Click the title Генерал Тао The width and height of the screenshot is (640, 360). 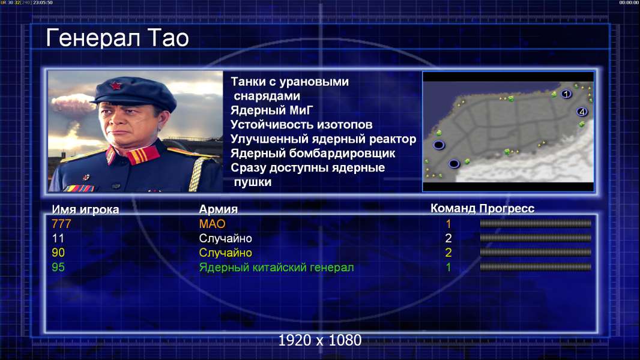tap(117, 38)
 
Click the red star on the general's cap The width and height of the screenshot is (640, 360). tap(116, 85)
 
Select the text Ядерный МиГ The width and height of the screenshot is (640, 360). tap(271, 110)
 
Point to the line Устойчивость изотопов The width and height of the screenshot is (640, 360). tap(301, 125)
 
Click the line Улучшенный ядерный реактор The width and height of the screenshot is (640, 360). tap(323, 139)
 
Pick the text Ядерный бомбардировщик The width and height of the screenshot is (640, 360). tap(313, 153)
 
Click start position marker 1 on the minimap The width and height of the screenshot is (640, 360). tap(566, 94)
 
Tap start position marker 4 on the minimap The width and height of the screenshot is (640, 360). tap(582, 112)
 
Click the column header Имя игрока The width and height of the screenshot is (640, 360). tap(85, 209)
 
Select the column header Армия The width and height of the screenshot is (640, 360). tap(219, 209)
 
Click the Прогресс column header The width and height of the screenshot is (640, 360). tap(507, 209)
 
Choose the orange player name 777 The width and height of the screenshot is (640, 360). tap(61, 224)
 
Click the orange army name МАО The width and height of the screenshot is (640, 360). tap(213, 224)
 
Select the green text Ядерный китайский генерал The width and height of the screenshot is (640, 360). tap(276, 268)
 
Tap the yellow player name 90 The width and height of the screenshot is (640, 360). tap(58, 253)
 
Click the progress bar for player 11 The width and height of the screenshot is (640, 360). tap(536, 238)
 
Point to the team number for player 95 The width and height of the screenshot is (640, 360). tap(448, 268)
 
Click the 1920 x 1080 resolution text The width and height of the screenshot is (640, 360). tap(319, 340)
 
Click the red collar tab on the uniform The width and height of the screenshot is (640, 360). tap(142, 155)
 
